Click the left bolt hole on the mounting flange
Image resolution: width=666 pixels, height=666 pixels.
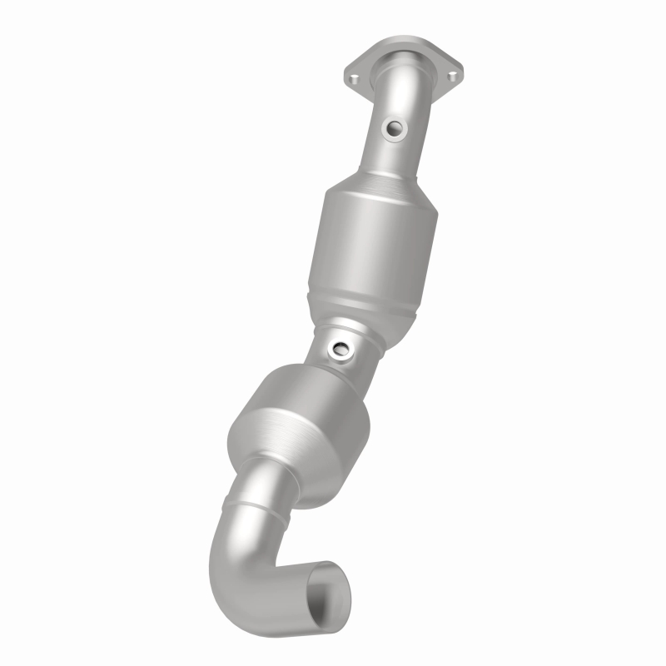[x=354, y=79]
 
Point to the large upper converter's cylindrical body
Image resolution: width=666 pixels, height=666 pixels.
[x=365, y=241]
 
